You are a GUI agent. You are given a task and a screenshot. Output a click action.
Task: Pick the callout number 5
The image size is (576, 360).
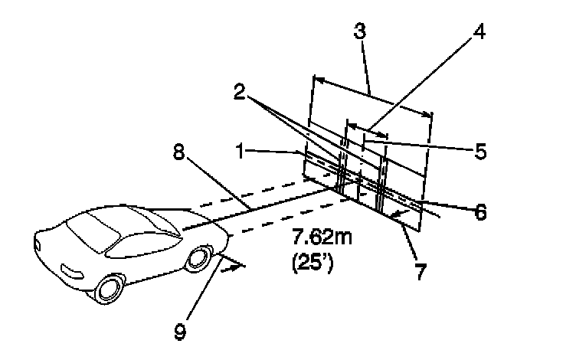tap(480, 151)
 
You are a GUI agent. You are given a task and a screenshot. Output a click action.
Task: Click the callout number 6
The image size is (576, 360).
tap(480, 211)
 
